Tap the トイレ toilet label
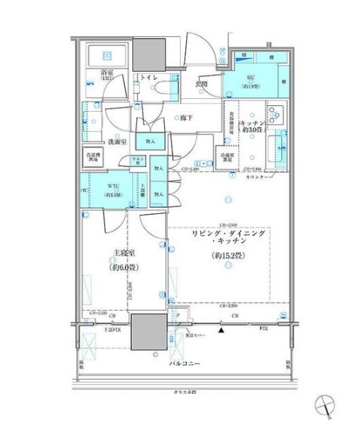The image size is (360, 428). coord(147,79)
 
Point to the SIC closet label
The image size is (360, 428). coord(249,79)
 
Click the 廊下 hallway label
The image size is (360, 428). coord(188,118)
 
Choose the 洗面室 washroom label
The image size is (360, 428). coord(115,141)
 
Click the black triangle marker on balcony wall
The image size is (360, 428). coord(221,330)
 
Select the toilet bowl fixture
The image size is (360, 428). coord(166,89)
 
